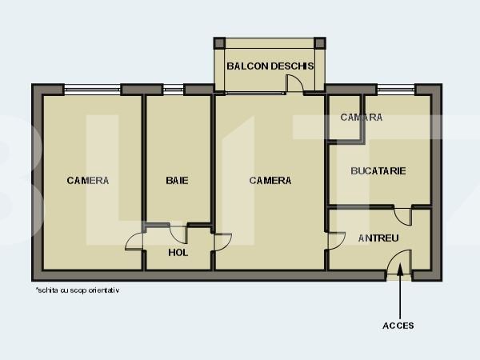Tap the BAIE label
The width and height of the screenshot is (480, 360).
pos(177,181)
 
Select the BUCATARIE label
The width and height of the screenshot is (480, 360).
pos(378,170)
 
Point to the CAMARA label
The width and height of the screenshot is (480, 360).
pos(361,118)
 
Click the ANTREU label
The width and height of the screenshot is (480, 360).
pos(378,238)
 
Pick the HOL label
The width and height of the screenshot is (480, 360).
pos(178,253)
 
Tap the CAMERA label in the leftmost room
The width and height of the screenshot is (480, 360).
pos(88,181)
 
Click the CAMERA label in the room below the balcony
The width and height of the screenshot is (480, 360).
pos(270,181)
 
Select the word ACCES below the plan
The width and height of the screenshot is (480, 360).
pos(398,326)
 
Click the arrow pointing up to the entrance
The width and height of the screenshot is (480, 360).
pos(398,296)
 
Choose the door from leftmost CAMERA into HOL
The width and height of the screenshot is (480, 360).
pos(136,240)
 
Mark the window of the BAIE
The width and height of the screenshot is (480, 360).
pos(174,90)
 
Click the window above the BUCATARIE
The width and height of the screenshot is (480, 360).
pos(396,90)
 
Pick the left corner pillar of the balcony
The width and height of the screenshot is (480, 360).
pos(219,43)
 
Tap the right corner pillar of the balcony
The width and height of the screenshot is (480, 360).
pos(320,43)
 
